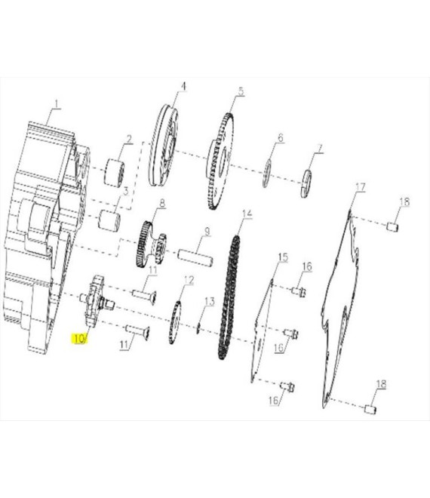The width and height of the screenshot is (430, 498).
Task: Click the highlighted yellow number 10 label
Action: tap(79, 339)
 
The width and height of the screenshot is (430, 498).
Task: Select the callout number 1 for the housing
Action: tap(57, 104)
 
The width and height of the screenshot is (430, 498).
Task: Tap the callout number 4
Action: tap(183, 86)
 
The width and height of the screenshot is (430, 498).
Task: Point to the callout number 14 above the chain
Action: tap(247, 213)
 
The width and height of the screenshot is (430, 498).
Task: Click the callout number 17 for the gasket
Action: tap(361, 187)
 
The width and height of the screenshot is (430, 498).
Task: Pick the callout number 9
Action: tap(207, 231)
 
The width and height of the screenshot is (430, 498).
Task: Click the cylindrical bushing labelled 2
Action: tap(115, 172)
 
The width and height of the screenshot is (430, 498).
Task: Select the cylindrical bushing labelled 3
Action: tap(109, 220)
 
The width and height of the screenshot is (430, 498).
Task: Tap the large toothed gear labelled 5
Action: tap(220, 161)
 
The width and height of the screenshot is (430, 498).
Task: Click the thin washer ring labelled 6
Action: tap(266, 174)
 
